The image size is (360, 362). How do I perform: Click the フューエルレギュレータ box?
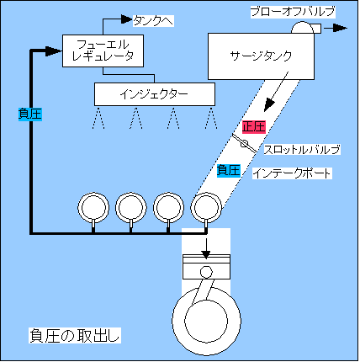103,51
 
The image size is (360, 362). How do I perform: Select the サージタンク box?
261,56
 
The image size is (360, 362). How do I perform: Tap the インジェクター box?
155,94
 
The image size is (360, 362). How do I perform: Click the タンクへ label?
153,21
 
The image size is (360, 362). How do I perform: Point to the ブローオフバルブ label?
293,12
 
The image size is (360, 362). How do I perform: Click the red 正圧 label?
254,127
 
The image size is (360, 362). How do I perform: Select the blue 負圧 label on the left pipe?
30,114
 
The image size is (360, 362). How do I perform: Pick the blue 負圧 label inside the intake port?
229,170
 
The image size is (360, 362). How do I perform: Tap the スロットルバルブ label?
302,150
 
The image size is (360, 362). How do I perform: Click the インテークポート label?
292,173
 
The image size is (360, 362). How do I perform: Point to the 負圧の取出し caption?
75,335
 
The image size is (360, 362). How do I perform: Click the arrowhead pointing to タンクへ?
126,19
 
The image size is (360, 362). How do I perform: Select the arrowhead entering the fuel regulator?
54,51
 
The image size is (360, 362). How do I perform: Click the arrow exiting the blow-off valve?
336,28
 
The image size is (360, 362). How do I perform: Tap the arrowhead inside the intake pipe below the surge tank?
269,106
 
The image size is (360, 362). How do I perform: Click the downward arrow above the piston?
206,248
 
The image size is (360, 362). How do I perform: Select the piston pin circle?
206,272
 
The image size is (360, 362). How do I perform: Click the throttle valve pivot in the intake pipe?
245,143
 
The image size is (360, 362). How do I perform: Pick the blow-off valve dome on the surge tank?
302,28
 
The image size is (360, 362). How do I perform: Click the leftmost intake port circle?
93,208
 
